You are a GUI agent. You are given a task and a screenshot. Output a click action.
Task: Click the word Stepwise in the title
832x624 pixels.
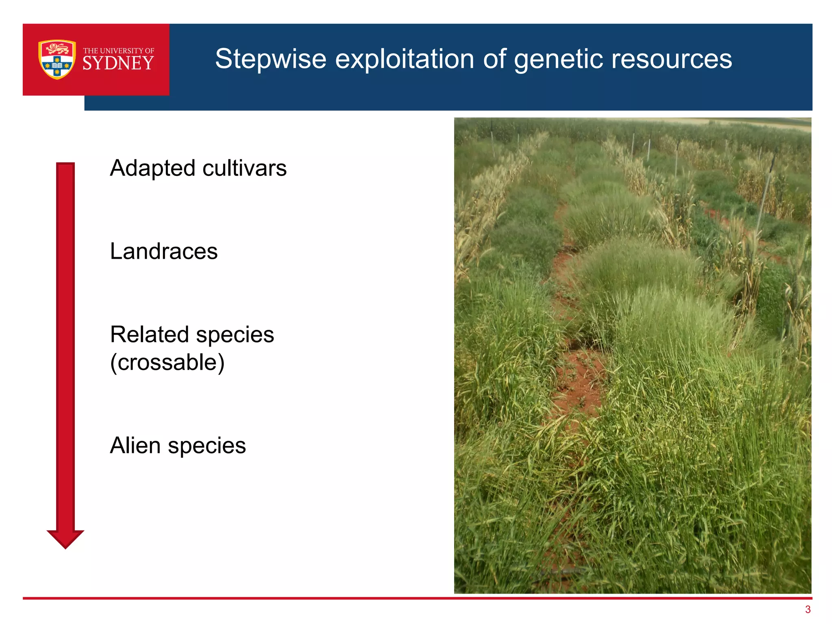coord(271,59)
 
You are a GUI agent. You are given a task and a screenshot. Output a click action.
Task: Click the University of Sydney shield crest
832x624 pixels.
coord(57,59)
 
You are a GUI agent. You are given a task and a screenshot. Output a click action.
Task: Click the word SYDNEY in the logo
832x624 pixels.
coord(118,64)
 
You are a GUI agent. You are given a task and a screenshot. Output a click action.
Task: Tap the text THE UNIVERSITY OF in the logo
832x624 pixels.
coord(118,51)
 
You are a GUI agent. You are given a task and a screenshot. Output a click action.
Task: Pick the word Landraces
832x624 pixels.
coord(164,251)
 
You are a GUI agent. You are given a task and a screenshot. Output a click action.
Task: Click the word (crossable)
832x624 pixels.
coord(167,362)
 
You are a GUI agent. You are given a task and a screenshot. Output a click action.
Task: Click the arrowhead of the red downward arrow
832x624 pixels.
coord(65,539)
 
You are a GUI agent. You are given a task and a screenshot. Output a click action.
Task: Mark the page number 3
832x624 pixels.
coord(808,609)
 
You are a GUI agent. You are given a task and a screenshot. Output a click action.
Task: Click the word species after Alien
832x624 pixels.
coord(207,446)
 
